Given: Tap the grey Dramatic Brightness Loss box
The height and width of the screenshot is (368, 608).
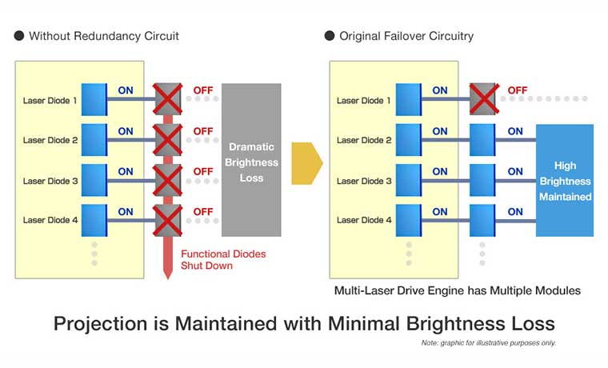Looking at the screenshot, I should (251, 159).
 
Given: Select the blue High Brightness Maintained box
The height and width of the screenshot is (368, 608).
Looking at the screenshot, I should (565, 180).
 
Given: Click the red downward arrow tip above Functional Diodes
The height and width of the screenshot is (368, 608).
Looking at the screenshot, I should (167, 272).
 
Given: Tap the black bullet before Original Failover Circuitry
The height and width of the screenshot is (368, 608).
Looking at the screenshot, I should (330, 36).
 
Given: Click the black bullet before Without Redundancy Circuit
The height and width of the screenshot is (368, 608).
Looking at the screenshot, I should (19, 36).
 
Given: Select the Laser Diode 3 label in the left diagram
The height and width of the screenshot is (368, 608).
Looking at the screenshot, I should (50, 181).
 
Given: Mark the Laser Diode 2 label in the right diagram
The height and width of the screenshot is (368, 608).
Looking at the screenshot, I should (364, 140).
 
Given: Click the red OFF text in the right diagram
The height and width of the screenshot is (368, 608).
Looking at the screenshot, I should (518, 90).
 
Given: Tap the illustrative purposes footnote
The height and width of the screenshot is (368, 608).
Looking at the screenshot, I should (488, 343).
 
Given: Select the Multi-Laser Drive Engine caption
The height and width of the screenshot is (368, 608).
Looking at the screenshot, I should (457, 290).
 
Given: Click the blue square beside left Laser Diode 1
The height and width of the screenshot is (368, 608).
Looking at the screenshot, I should (93, 100).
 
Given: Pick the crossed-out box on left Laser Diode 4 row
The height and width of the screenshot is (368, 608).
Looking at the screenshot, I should (167, 220).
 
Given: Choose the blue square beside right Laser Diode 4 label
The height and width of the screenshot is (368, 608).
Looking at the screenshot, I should (407, 220).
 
